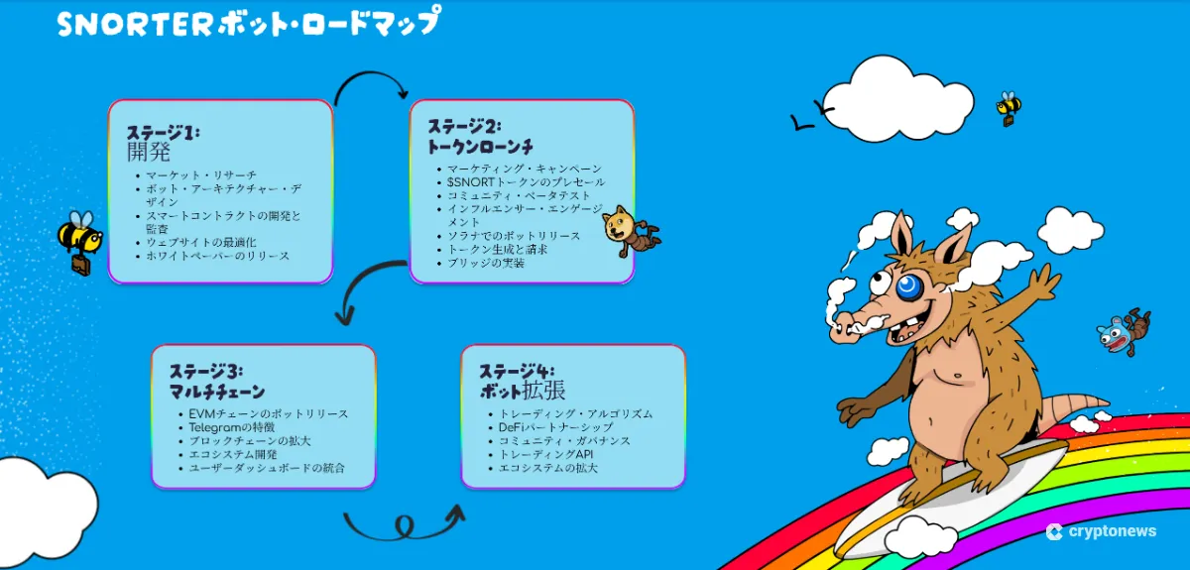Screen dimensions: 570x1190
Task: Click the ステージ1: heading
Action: tap(163, 132)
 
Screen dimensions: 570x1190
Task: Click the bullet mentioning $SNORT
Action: tap(526, 182)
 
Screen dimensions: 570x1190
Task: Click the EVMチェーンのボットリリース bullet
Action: tap(268, 413)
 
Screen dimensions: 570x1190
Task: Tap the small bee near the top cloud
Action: tap(1009, 107)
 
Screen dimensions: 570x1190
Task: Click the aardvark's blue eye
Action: tap(907, 286)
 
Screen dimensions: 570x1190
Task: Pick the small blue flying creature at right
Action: tap(1122, 333)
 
